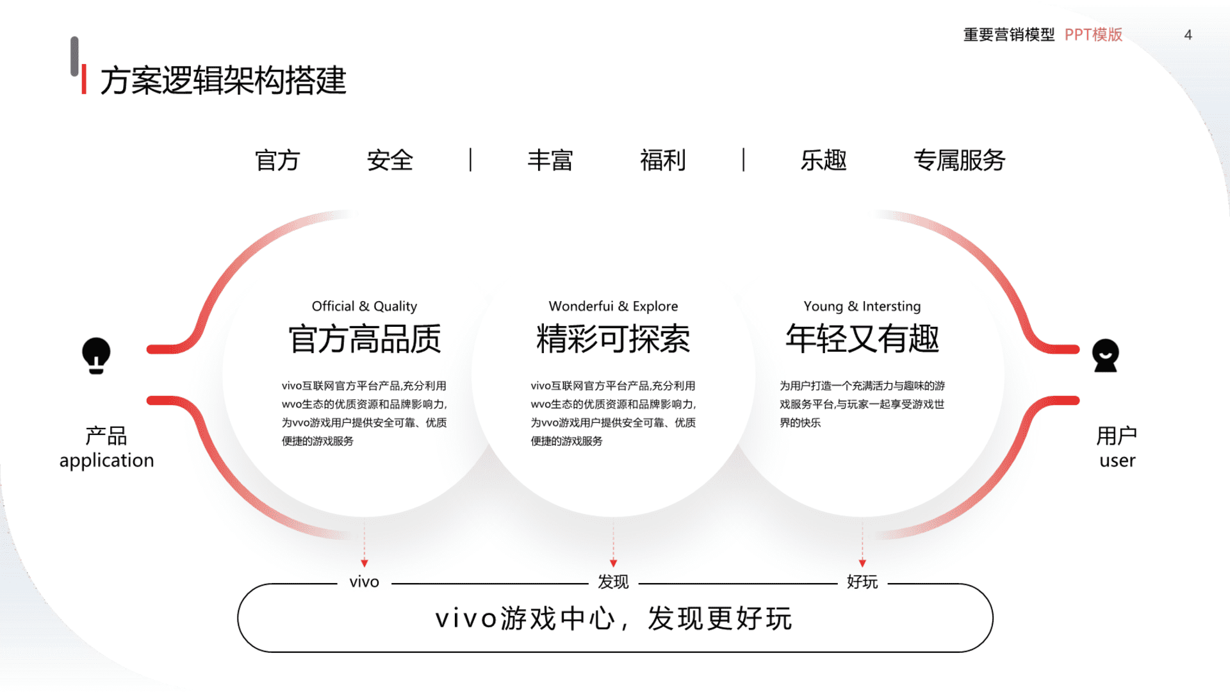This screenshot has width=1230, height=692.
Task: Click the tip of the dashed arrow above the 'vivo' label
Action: [x=365, y=567]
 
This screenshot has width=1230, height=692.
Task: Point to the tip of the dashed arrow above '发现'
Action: [x=613, y=567]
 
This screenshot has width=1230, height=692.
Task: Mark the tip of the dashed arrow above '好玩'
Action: [x=862, y=567]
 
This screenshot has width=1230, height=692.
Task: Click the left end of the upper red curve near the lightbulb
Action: [x=149, y=349]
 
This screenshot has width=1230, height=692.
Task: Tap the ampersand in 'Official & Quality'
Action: [x=364, y=306]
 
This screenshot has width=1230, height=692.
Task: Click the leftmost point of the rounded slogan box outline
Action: [x=238, y=618]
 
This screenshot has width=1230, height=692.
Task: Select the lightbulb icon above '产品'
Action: [x=96, y=356]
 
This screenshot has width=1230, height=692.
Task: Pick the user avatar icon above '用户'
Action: [x=1105, y=356]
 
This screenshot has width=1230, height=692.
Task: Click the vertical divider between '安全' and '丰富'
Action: [x=470, y=160]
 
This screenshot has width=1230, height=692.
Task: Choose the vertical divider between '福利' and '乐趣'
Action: [x=743, y=160]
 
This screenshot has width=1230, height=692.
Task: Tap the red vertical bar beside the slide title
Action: [x=84, y=79]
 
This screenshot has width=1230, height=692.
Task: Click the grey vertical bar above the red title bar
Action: [x=74, y=56]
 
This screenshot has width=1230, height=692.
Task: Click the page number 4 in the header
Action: [x=1188, y=35]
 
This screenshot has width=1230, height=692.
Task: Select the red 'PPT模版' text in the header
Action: [x=1094, y=35]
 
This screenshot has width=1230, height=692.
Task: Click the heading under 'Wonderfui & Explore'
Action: [x=613, y=338]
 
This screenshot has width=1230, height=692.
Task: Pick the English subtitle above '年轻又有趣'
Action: [x=862, y=306]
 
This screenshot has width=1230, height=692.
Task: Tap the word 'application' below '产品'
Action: [x=107, y=461]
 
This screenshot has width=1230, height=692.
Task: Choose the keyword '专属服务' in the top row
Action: [x=959, y=160]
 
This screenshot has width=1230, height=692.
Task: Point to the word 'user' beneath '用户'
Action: [x=1117, y=461]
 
